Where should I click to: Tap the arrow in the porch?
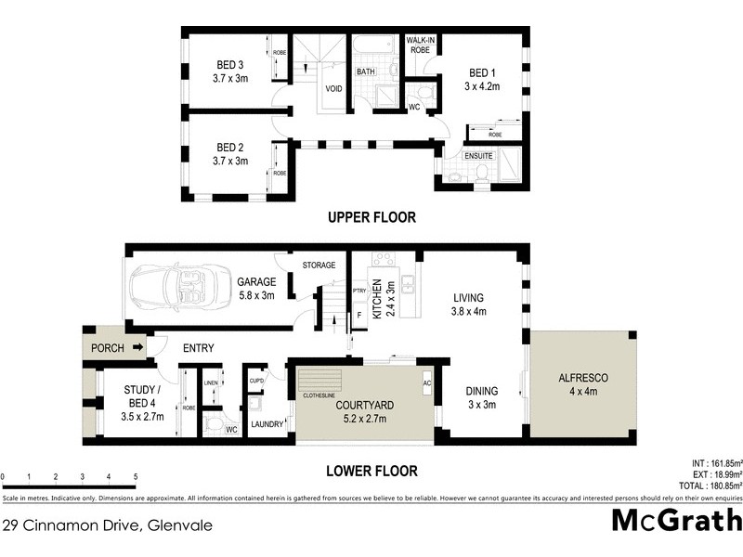click(x=137, y=348)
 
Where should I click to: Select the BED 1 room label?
click(x=482, y=73)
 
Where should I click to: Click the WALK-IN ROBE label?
click(x=422, y=45)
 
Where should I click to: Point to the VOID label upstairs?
click(x=332, y=90)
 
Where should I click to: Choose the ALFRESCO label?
click(x=582, y=378)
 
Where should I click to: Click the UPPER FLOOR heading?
click(x=371, y=217)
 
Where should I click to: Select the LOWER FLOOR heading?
click(x=371, y=471)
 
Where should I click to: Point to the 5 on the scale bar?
click(x=136, y=477)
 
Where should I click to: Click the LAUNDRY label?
click(x=267, y=425)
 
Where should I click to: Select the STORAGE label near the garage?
click(x=319, y=266)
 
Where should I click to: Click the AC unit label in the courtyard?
click(x=427, y=382)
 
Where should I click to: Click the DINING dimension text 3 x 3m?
click(x=482, y=406)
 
